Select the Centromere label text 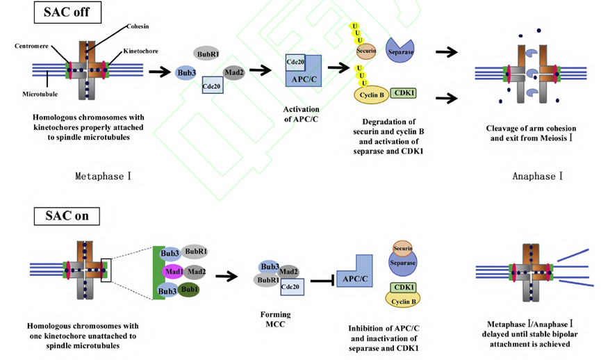click(x=31, y=46)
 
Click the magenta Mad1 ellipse click(x=173, y=272)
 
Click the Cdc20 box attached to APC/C click(x=297, y=63)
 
